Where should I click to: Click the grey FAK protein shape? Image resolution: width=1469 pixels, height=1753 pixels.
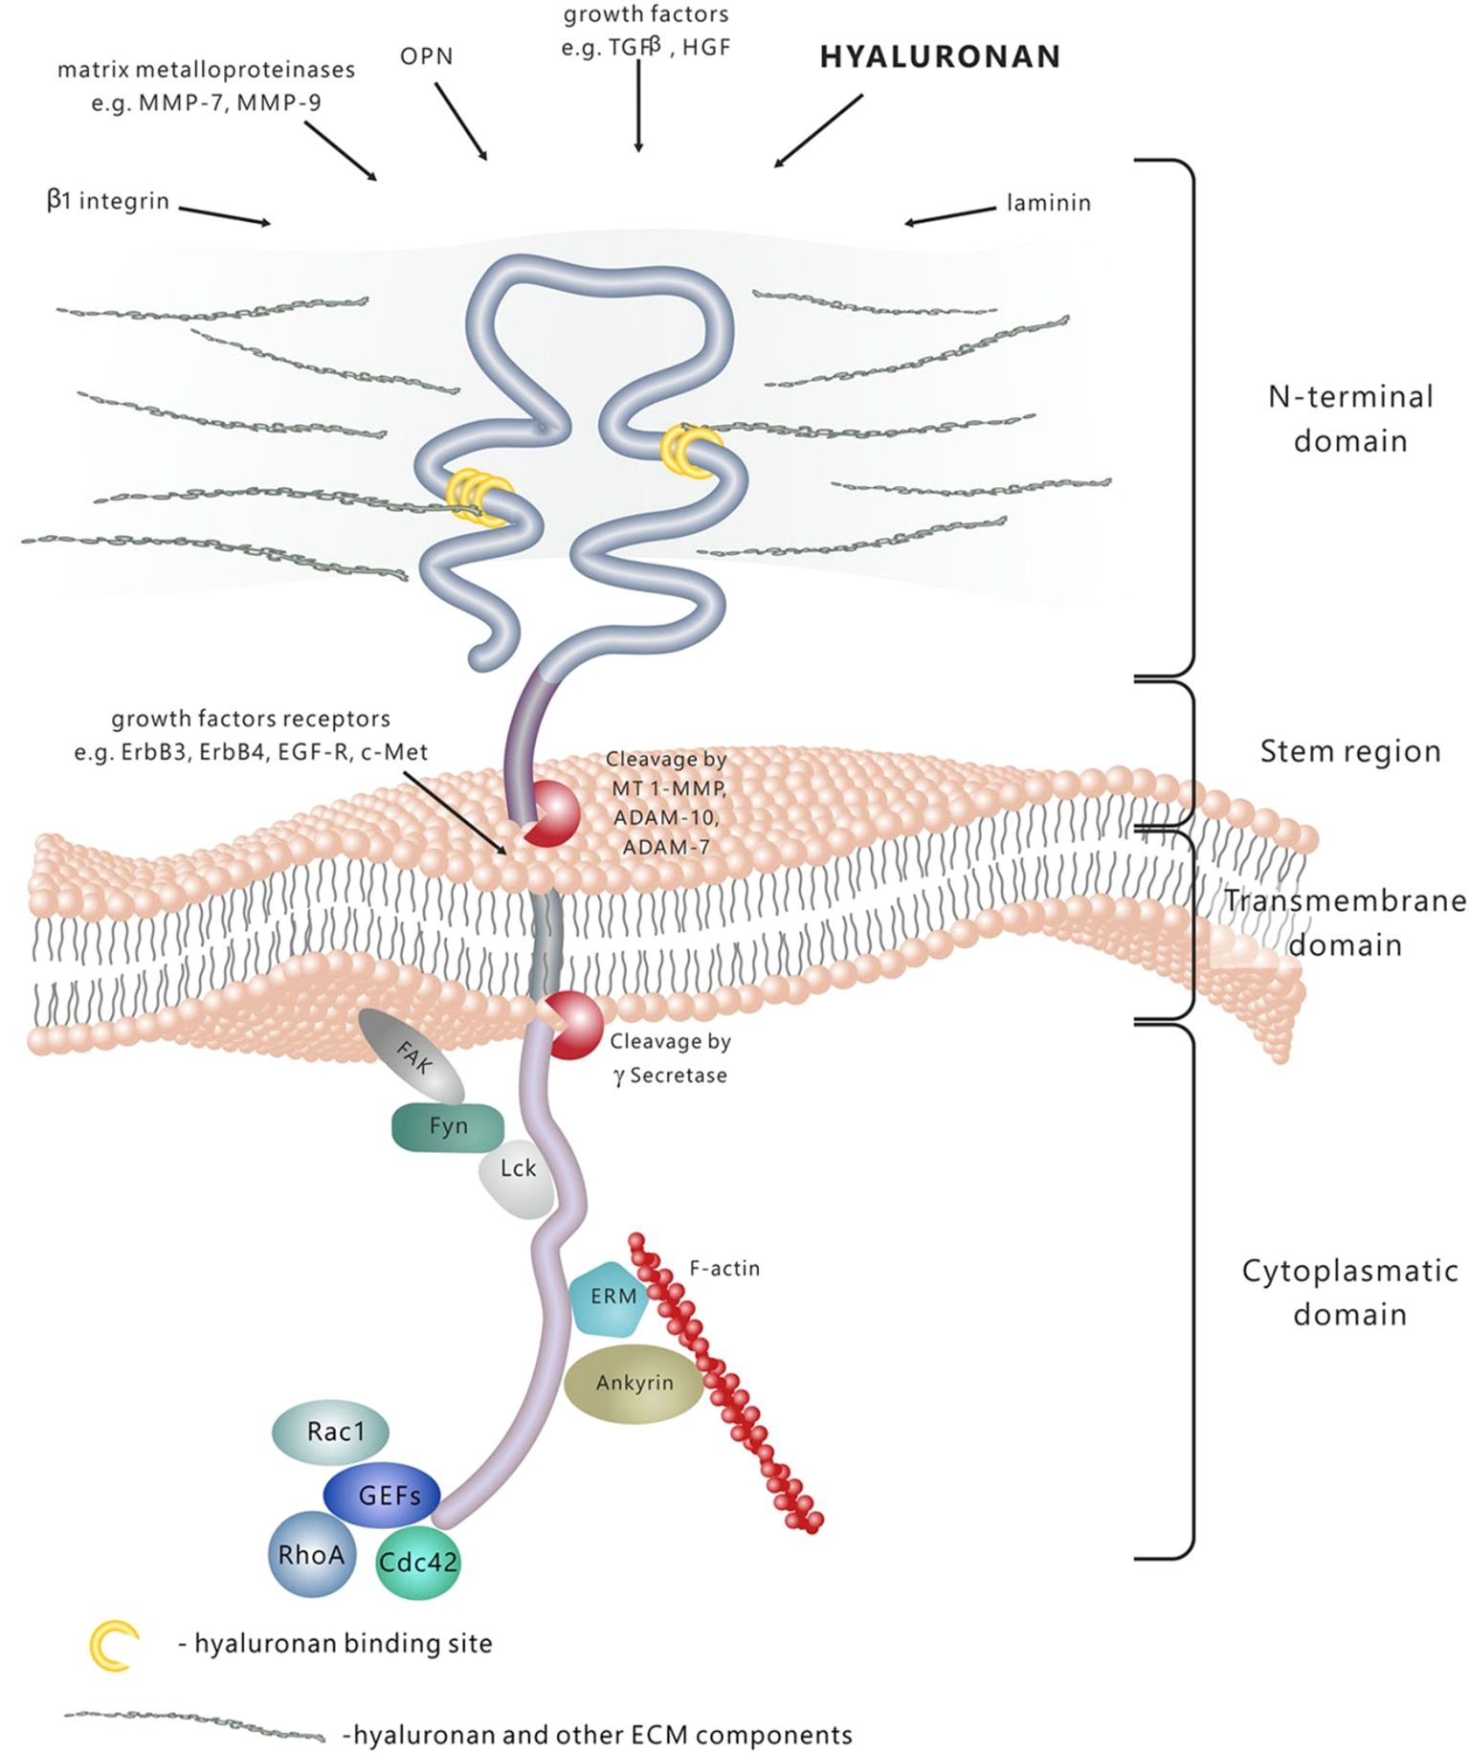tap(412, 1056)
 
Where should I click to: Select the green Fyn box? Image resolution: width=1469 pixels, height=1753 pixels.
tap(448, 1126)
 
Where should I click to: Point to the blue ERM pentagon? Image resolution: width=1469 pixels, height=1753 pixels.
tap(612, 1298)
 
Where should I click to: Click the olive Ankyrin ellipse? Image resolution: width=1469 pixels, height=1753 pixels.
tap(634, 1383)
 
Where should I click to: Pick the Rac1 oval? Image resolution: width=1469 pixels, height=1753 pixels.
tap(332, 1431)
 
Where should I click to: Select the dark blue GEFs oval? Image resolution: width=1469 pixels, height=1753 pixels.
tap(383, 1495)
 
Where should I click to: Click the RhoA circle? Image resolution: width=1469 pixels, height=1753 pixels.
tap(309, 1554)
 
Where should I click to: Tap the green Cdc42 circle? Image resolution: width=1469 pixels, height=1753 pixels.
tap(418, 1563)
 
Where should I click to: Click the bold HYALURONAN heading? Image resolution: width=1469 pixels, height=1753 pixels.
tap(940, 57)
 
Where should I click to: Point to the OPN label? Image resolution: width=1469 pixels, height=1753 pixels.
tap(426, 56)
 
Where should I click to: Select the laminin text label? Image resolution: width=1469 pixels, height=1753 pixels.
tap(1048, 203)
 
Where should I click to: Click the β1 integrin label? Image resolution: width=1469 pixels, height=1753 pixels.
tap(108, 201)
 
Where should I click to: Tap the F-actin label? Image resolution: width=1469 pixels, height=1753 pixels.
tap(724, 1269)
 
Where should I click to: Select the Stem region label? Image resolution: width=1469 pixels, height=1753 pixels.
tap(1349, 752)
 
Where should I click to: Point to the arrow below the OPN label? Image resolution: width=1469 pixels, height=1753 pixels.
tap(461, 121)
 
